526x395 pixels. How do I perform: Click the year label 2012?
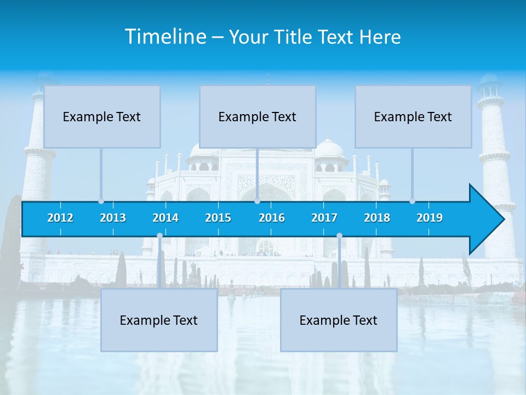click(60, 218)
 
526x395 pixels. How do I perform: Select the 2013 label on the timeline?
click(113, 218)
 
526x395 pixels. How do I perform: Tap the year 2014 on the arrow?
click(165, 218)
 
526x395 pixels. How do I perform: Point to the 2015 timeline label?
click(218, 218)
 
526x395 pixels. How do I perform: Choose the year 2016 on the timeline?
click(272, 218)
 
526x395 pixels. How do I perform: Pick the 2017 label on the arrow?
click(324, 218)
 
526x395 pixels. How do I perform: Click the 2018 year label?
click(377, 218)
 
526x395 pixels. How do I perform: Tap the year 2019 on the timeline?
click(430, 218)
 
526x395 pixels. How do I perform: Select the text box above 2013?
click(102, 116)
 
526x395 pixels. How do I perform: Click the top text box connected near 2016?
click(258, 116)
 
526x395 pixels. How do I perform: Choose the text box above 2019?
click(413, 116)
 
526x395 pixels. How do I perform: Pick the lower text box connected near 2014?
click(159, 320)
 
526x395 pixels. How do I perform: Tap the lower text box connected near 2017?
click(339, 320)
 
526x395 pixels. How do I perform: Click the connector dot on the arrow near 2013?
click(101, 201)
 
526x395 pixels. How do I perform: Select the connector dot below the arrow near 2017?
click(339, 236)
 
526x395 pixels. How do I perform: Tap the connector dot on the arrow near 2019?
click(412, 201)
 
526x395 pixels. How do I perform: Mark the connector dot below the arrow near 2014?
click(159, 236)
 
